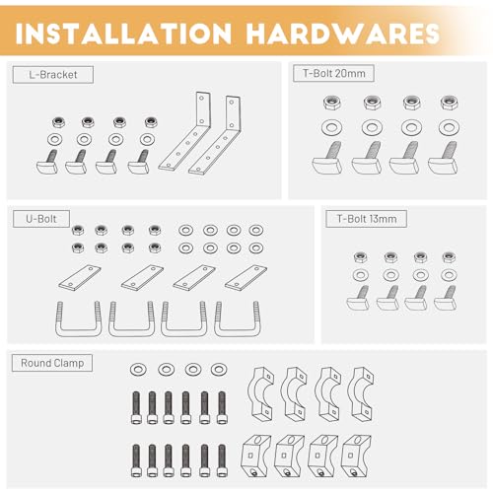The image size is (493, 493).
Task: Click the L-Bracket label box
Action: [x=53, y=75]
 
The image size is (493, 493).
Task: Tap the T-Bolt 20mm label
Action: [x=333, y=73]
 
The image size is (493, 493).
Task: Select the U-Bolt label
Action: [x=41, y=219]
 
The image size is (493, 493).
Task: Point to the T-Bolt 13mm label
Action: [x=366, y=219]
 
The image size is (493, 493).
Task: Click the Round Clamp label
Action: [x=52, y=363]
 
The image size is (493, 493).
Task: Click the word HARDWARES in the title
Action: [x=343, y=34]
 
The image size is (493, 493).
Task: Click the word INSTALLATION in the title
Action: [x=123, y=34]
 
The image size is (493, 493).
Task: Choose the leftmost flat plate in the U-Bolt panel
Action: [x=80, y=278]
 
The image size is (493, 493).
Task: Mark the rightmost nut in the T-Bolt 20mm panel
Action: [x=450, y=103]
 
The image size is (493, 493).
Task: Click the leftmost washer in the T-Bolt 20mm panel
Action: [x=332, y=127]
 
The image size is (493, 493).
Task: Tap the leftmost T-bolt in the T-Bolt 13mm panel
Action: [x=358, y=298]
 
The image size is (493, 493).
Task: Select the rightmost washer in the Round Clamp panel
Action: [x=219, y=370]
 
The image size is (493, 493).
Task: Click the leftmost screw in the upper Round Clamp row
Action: [x=136, y=407]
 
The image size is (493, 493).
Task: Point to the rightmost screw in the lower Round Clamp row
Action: [x=222, y=460]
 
